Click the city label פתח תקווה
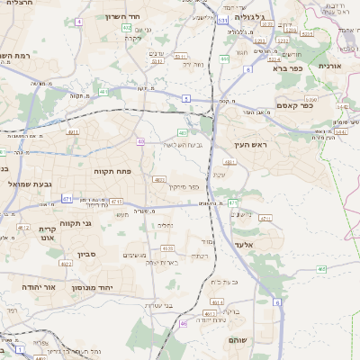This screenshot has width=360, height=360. pos(112,169)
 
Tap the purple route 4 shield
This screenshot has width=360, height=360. pos(79,20)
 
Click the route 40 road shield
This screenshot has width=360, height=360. pos(141,141)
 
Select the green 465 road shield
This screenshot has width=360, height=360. pos(321,267)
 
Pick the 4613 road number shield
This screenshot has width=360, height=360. pos(168,247)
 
